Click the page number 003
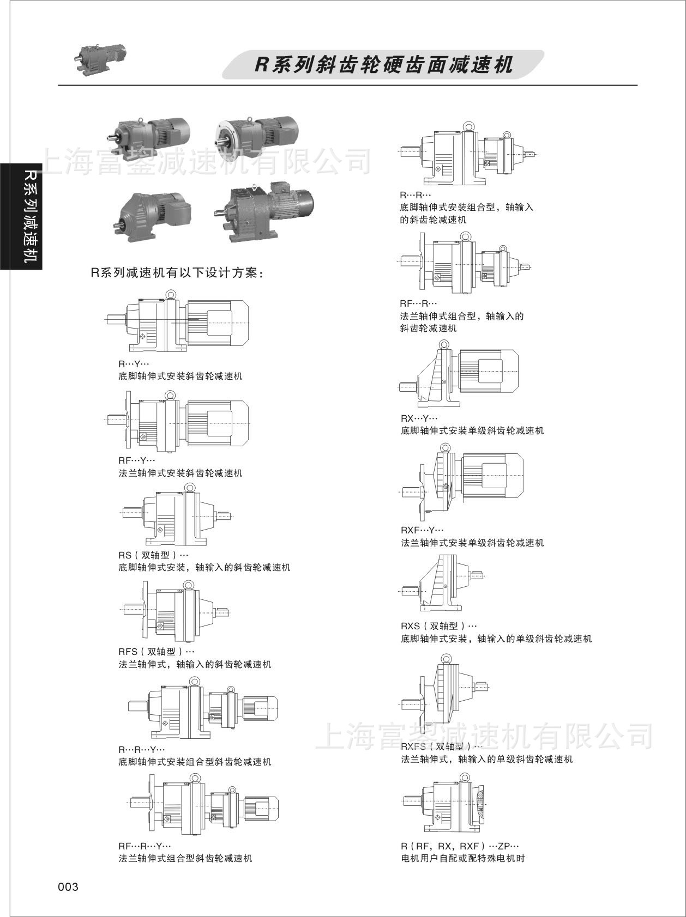(x=68, y=887)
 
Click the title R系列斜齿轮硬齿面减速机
(x=384, y=65)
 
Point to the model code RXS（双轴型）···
(x=438, y=626)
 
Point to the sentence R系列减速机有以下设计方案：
(x=177, y=273)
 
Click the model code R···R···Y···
(x=141, y=750)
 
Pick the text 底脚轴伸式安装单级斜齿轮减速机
(x=472, y=430)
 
